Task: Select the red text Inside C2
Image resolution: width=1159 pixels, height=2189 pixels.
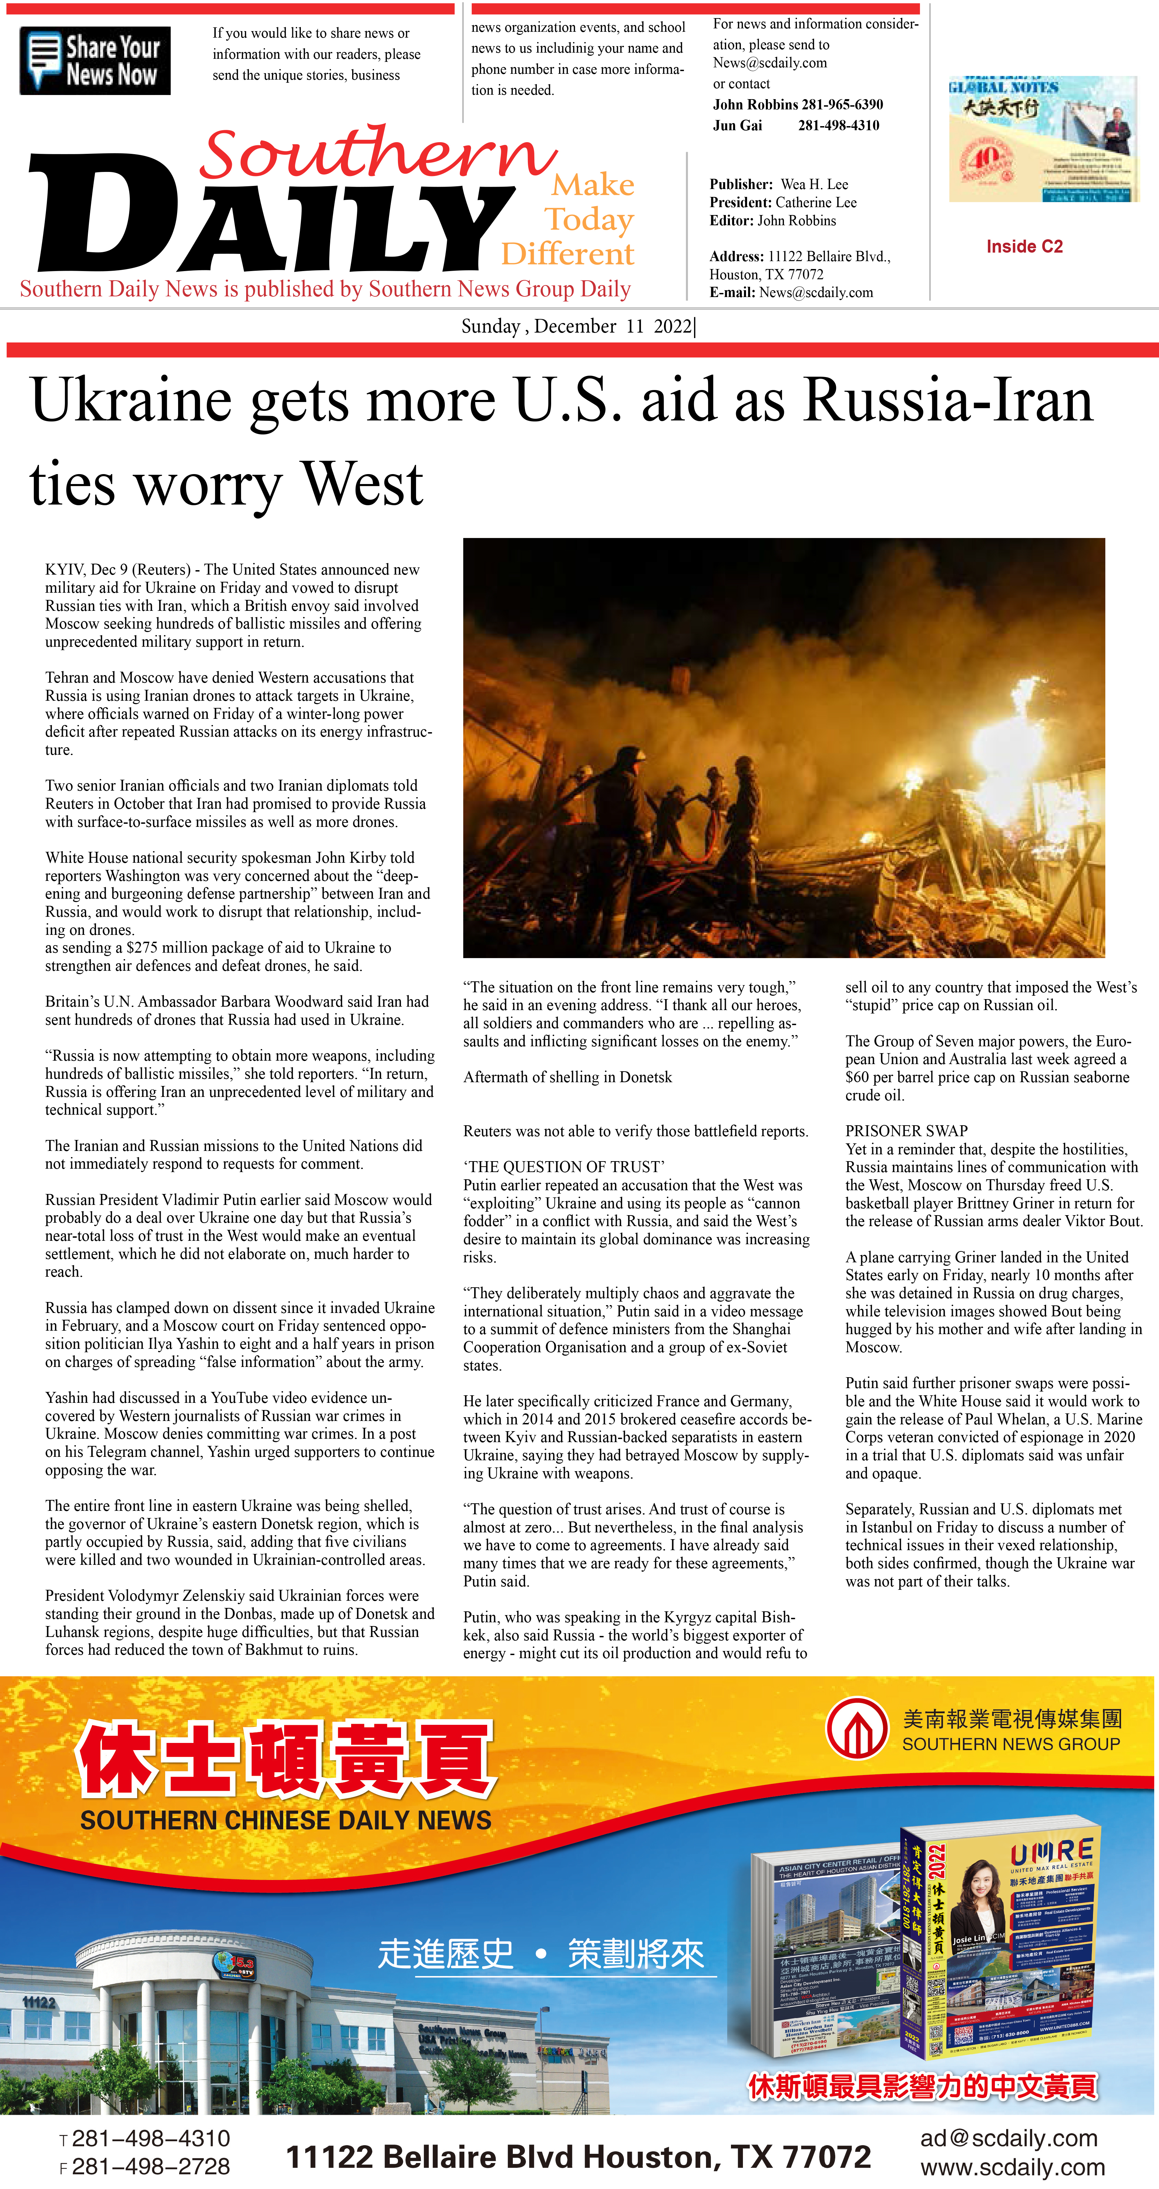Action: tap(1024, 246)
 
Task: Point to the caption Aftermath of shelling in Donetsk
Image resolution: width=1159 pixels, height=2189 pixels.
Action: tap(568, 1077)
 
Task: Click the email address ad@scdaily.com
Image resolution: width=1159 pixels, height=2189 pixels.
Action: tap(1009, 2138)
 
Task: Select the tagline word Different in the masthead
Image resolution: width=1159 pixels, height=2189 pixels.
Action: tap(568, 254)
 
